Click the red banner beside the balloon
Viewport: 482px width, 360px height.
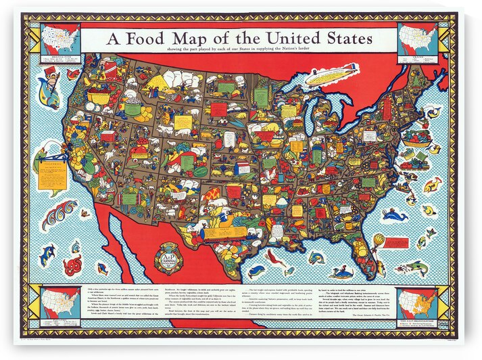coord(397,242)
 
